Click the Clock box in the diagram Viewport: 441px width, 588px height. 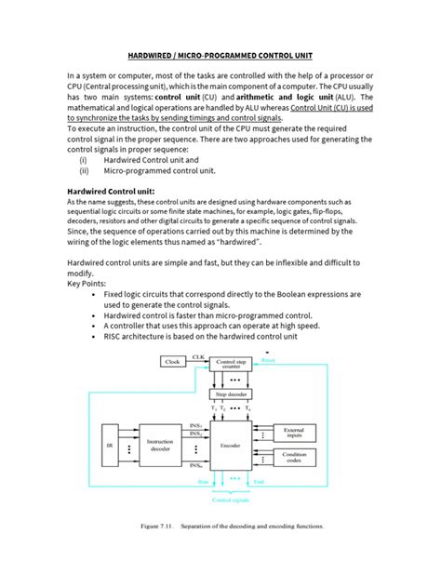[173, 361]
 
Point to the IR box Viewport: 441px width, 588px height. [110, 446]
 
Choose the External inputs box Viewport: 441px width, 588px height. [294, 432]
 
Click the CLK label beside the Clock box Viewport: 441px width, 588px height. [198, 355]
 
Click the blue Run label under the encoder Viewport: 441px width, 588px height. [203, 482]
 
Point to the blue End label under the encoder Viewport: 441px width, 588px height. [258, 482]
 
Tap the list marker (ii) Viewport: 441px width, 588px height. [85, 171]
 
